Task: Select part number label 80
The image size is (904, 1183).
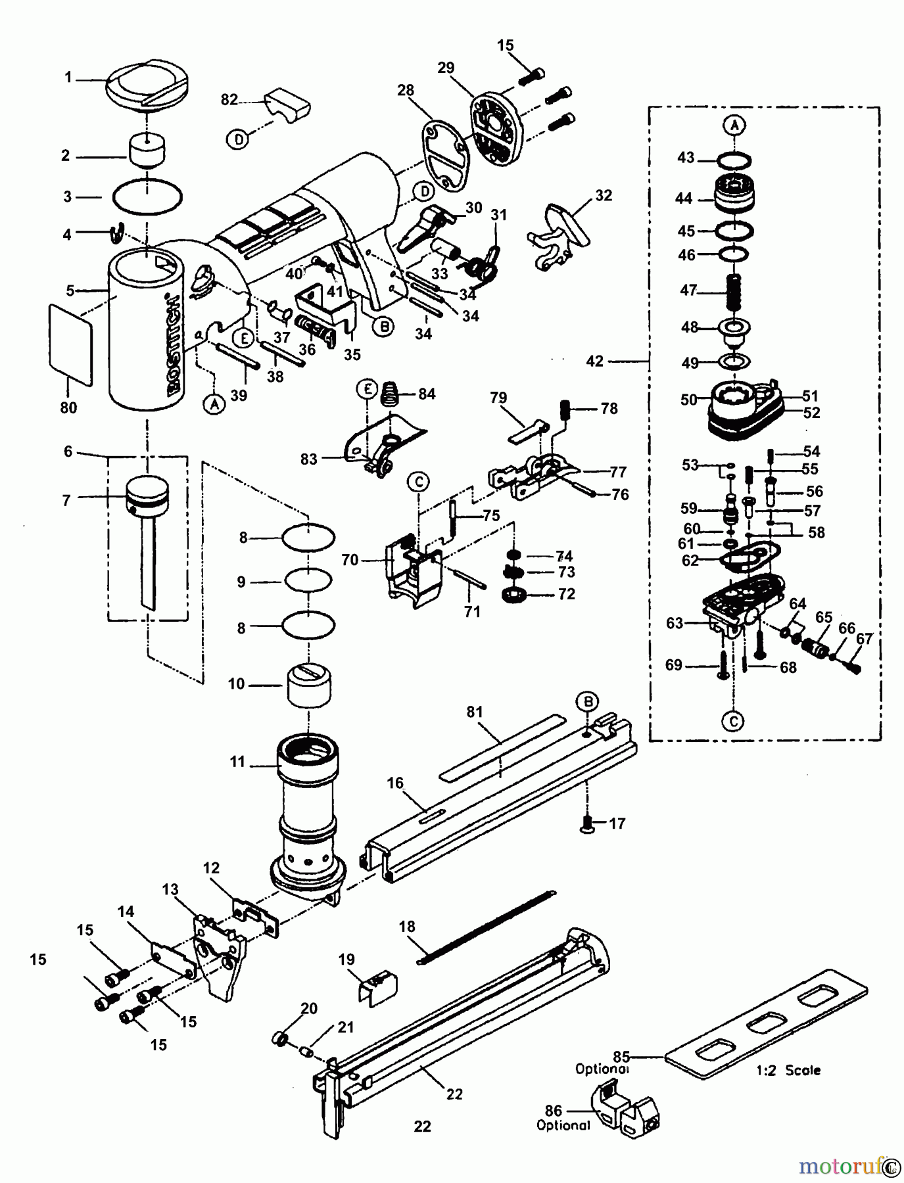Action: tap(68, 407)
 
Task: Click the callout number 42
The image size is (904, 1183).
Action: tap(594, 361)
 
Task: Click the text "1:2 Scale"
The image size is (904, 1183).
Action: tap(788, 1070)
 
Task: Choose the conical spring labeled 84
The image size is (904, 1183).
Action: tap(391, 396)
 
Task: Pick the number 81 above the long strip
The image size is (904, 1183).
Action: tap(475, 712)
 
